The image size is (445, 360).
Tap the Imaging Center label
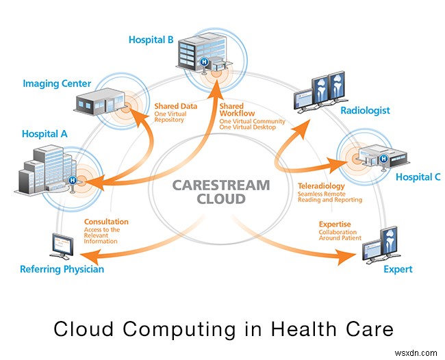(56, 83)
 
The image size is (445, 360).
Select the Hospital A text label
(44, 134)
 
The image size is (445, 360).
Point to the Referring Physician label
(62, 269)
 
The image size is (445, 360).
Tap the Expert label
(398, 269)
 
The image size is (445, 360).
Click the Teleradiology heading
(322, 185)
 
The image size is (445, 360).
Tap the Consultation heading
(106, 222)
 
